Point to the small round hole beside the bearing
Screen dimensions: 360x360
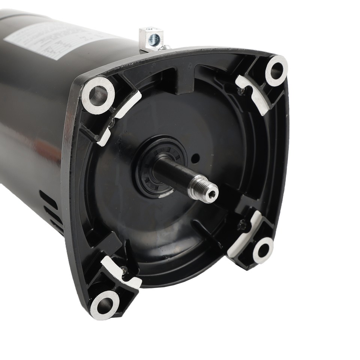click(x=195, y=158)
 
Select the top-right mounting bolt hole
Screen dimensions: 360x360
click(x=277, y=70)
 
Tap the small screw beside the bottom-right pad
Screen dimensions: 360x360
click(x=242, y=225)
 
